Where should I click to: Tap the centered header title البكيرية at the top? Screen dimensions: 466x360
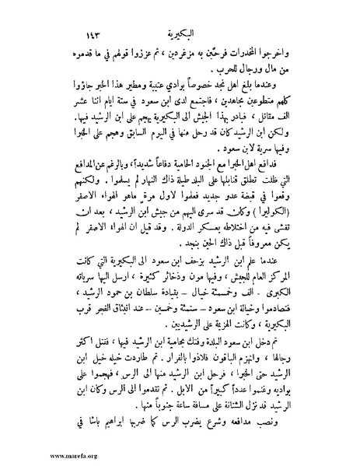click(x=181, y=14)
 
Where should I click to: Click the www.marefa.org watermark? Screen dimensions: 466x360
click(x=32, y=458)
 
